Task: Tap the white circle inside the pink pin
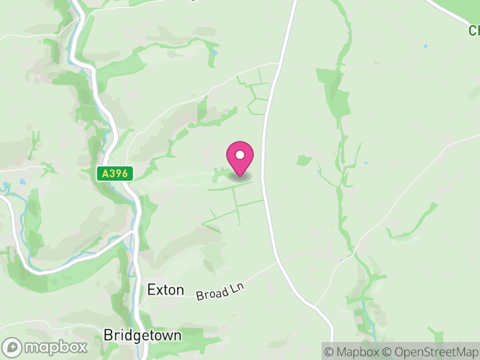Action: click(240, 155)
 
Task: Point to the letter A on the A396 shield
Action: click(105, 174)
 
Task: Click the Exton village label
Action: click(165, 290)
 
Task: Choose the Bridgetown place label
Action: click(142, 335)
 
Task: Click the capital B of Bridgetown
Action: click(108, 335)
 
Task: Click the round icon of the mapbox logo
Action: click(13, 347)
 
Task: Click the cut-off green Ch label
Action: click(475, 30)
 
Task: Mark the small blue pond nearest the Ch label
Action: click(425, 46)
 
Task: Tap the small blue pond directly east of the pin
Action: click(365, 163)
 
